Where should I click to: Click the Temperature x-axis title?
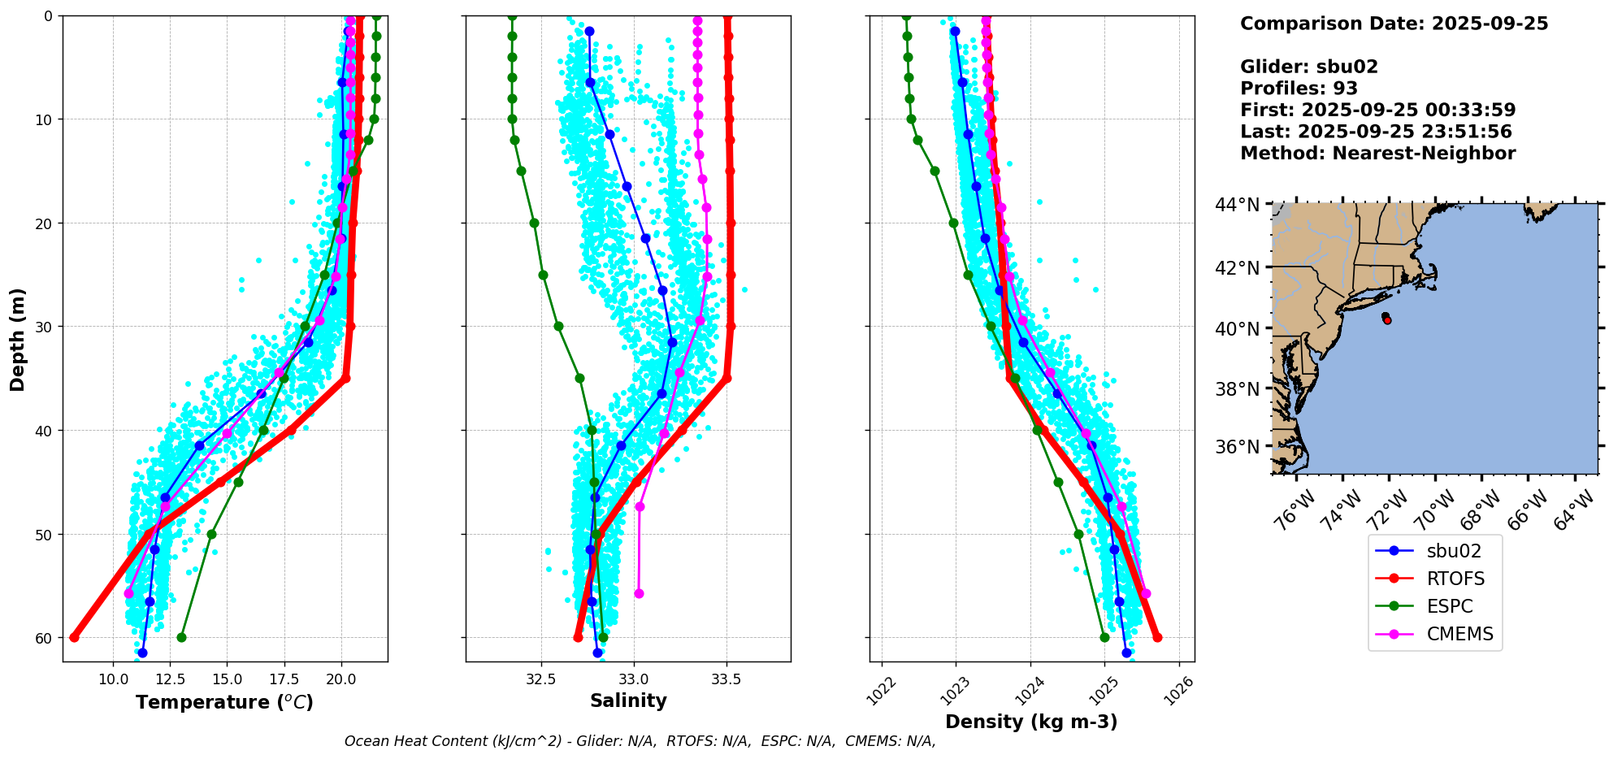pos(224,702)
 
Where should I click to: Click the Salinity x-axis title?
pos(628,700)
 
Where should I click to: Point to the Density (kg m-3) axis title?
pos(1031,722)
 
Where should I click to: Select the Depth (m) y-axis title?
pos(18,339)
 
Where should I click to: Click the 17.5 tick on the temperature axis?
pos(284,679)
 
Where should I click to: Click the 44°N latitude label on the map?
pos(1237,205)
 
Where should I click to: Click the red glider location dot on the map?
pos(1387,320)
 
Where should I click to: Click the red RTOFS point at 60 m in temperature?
pos(74,637)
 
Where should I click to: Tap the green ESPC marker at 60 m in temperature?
pos(181,637)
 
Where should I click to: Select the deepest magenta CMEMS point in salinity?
pos(639,594)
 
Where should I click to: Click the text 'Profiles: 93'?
pos(1299,89)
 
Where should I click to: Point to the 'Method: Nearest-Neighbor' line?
pos(1377,154)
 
